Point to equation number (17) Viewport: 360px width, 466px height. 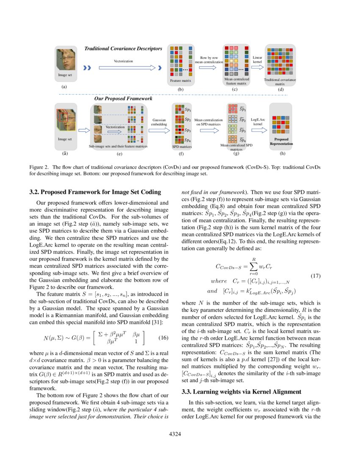pos(316,276)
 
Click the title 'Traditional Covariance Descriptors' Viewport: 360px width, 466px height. pos(124,49)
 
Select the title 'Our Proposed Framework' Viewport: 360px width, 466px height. pos(123,98)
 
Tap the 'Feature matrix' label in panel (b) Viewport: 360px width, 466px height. pos(180,80)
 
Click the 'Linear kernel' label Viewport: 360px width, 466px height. pos(258,59)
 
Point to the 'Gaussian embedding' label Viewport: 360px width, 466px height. pos(159,122)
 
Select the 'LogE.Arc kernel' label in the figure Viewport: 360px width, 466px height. pos(258,122)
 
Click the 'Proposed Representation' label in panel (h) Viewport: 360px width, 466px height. pos(281,141)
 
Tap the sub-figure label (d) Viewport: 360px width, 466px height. pos(280,89)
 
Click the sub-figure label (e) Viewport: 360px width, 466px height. pos(119,154)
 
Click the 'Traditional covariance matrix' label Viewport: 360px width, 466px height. pos(280,82)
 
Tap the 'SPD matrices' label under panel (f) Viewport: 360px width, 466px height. pos(181,147)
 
